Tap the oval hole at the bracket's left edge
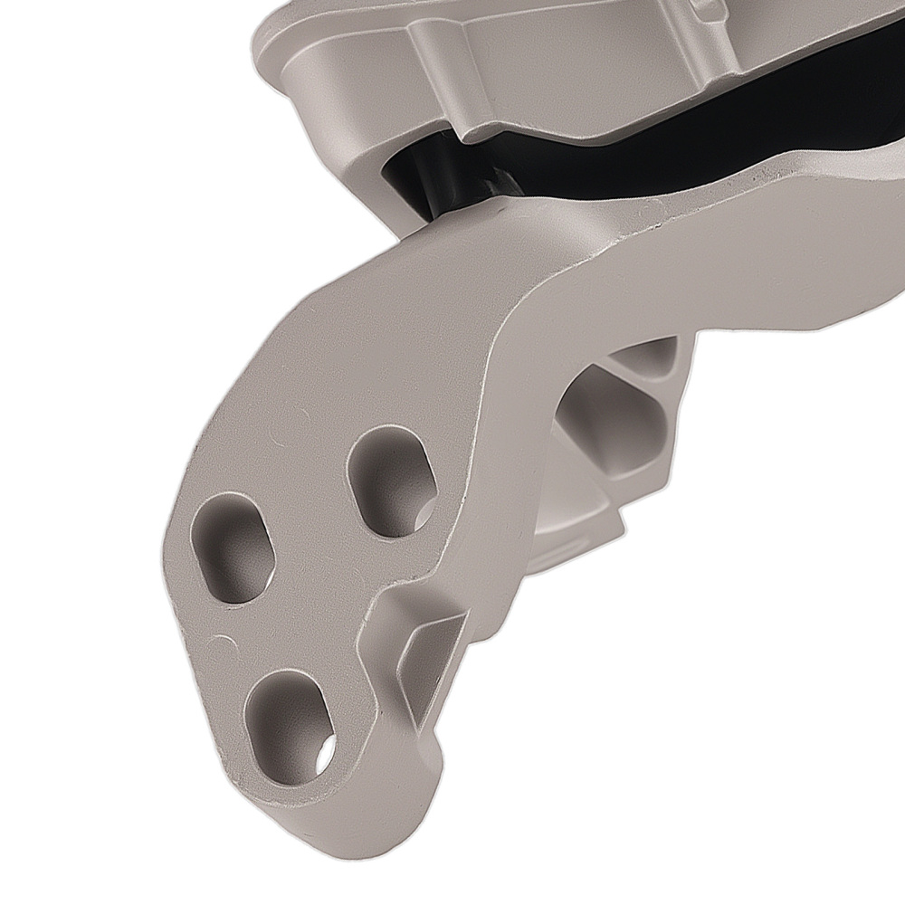[233, 547]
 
